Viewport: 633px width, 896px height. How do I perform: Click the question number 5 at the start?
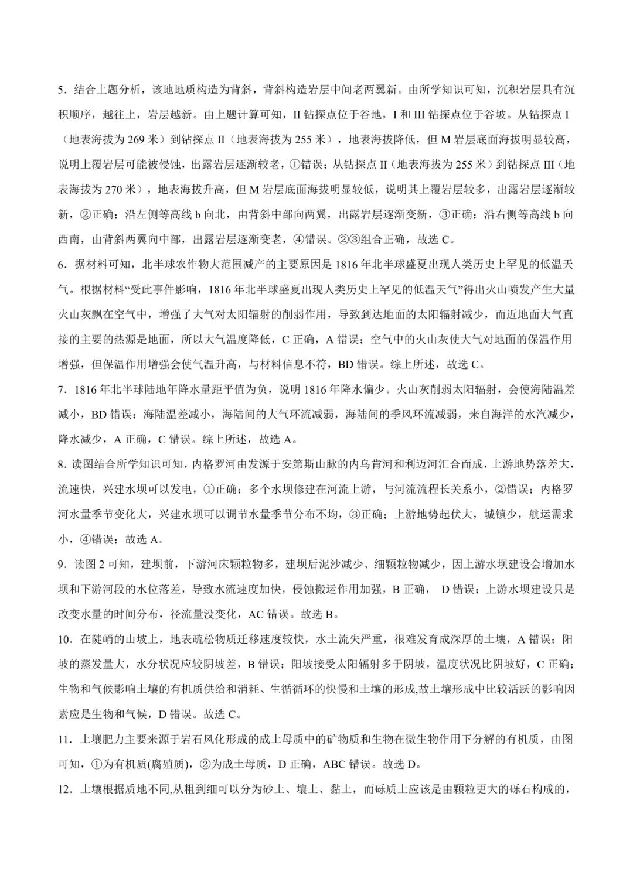[60, 90]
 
